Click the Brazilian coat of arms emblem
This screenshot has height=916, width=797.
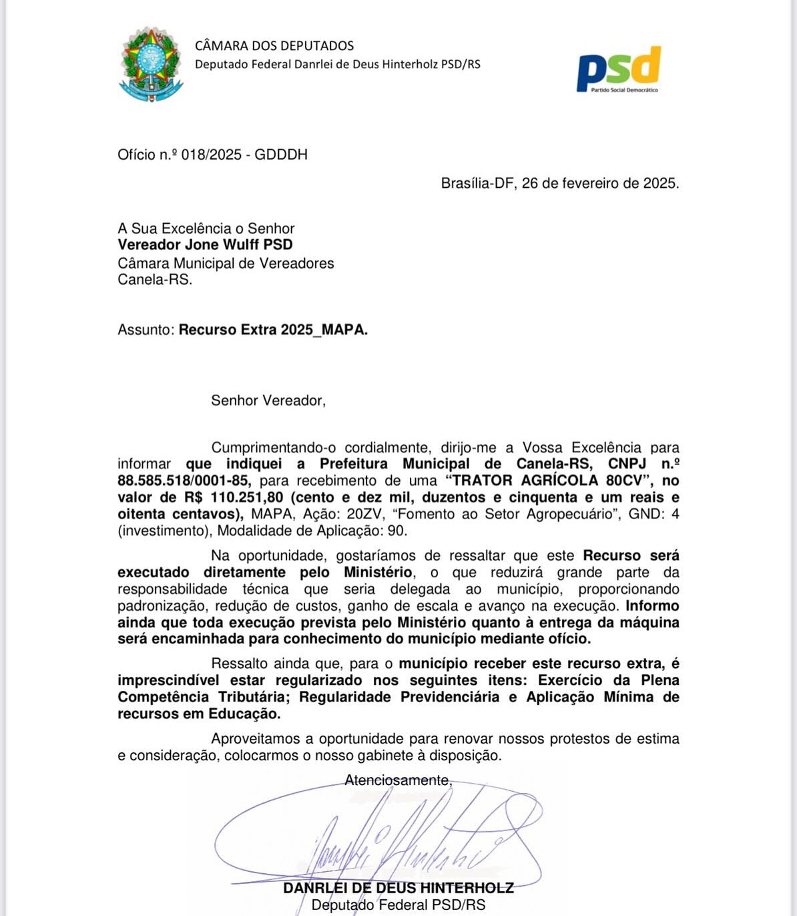point(151,64)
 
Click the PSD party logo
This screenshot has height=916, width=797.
point(619,69)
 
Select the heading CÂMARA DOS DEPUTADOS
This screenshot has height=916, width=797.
point(274,46)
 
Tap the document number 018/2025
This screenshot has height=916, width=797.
point(211,154)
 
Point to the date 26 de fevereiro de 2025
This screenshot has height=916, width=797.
point(600,183)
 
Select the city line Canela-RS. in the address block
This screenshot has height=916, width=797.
point(155,279)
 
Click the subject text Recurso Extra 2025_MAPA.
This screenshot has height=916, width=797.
point(273,329)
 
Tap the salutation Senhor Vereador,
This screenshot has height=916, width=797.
point(268,400)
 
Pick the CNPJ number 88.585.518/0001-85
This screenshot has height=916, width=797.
point(184,480)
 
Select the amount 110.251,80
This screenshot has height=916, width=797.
point(247,497)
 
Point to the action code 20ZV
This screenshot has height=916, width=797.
point(364,514)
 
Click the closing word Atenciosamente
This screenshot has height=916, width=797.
point(398,780)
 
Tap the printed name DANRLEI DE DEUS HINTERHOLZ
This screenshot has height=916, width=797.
point(398,888)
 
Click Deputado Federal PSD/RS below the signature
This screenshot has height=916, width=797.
point(398,905)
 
